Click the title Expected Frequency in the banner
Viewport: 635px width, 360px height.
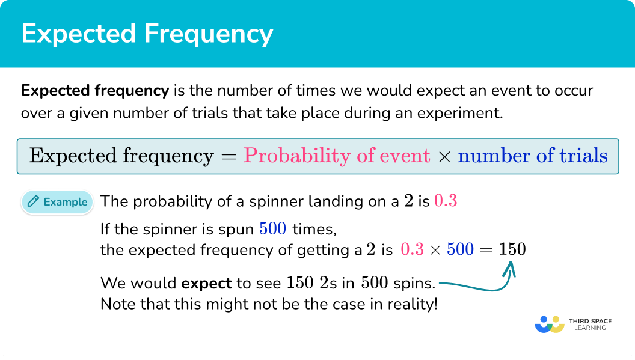point(147,34)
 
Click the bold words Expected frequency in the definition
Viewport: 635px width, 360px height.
point(95,91)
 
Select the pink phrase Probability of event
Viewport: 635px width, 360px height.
point(337,156)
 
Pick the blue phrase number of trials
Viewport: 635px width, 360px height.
point(533,156)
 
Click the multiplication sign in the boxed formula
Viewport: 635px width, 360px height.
point(444,157)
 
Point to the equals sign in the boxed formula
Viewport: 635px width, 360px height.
point(228,157)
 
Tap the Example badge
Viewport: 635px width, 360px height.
point(58,202)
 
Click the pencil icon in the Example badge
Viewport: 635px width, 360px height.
point(34,202)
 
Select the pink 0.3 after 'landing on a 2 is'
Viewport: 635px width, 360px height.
point(446,201)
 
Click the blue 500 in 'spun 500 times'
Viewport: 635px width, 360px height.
point(274,229)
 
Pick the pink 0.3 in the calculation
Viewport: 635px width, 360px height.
point(413,249)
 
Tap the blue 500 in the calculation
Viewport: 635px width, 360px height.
point(460,249)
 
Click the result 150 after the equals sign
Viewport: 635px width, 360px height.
point(512,249)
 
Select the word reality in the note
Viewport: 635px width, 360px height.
point(414,304)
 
